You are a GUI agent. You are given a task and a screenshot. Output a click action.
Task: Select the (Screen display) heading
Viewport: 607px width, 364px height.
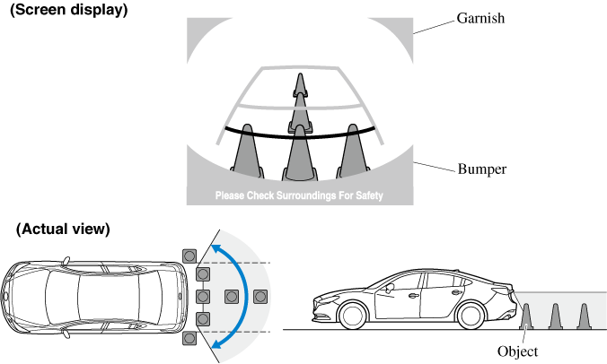pyautogui.click(x=68, y=11)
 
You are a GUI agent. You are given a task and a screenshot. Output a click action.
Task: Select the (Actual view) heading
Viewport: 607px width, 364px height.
pyautogui.click(x=63, y=230)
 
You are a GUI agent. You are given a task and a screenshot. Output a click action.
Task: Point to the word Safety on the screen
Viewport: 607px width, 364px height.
pyautogui.click(x=365, y=195)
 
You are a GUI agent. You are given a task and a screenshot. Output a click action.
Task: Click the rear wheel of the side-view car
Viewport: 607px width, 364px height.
pyautogui.click(x=479, y=316)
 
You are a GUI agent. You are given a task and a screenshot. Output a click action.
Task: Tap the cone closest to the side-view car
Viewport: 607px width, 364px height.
pyautogui.click(x=527, y=316)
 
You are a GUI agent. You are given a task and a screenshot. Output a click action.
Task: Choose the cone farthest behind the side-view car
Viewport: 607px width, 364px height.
pyautogui.click(x=585, y=316)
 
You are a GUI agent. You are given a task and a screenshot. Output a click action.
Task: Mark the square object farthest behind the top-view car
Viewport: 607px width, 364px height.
pyautogui.click(x=261, y=296)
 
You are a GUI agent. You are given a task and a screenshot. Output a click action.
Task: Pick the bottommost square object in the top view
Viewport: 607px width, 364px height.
pyautogui.click(x=189, y=338)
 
